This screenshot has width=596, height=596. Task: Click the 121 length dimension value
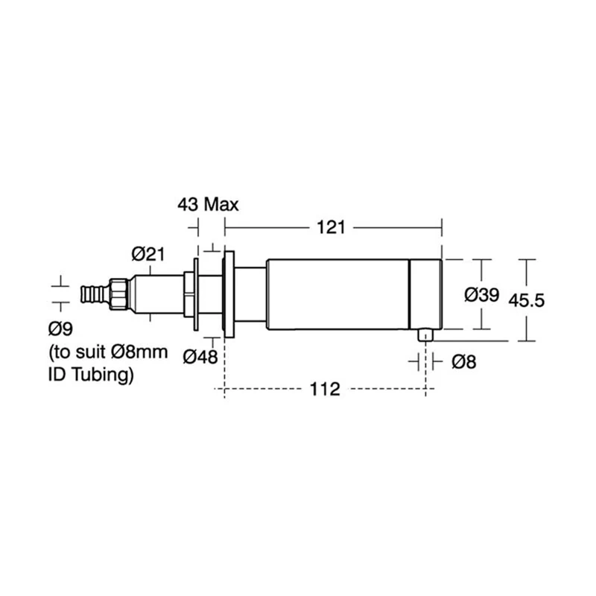[331, 227]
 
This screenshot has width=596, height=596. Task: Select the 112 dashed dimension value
[325, 389]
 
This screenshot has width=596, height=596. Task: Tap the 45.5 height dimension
[527, 300]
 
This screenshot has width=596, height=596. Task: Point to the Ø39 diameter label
[481, 294]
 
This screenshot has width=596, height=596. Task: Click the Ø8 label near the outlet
[463, 362]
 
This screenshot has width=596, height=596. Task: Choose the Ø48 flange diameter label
[200, 357]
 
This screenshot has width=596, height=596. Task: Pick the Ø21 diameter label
[148, 254]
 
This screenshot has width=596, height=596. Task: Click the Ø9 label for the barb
[60, 329]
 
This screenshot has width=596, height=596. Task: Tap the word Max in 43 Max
[221, 205]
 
